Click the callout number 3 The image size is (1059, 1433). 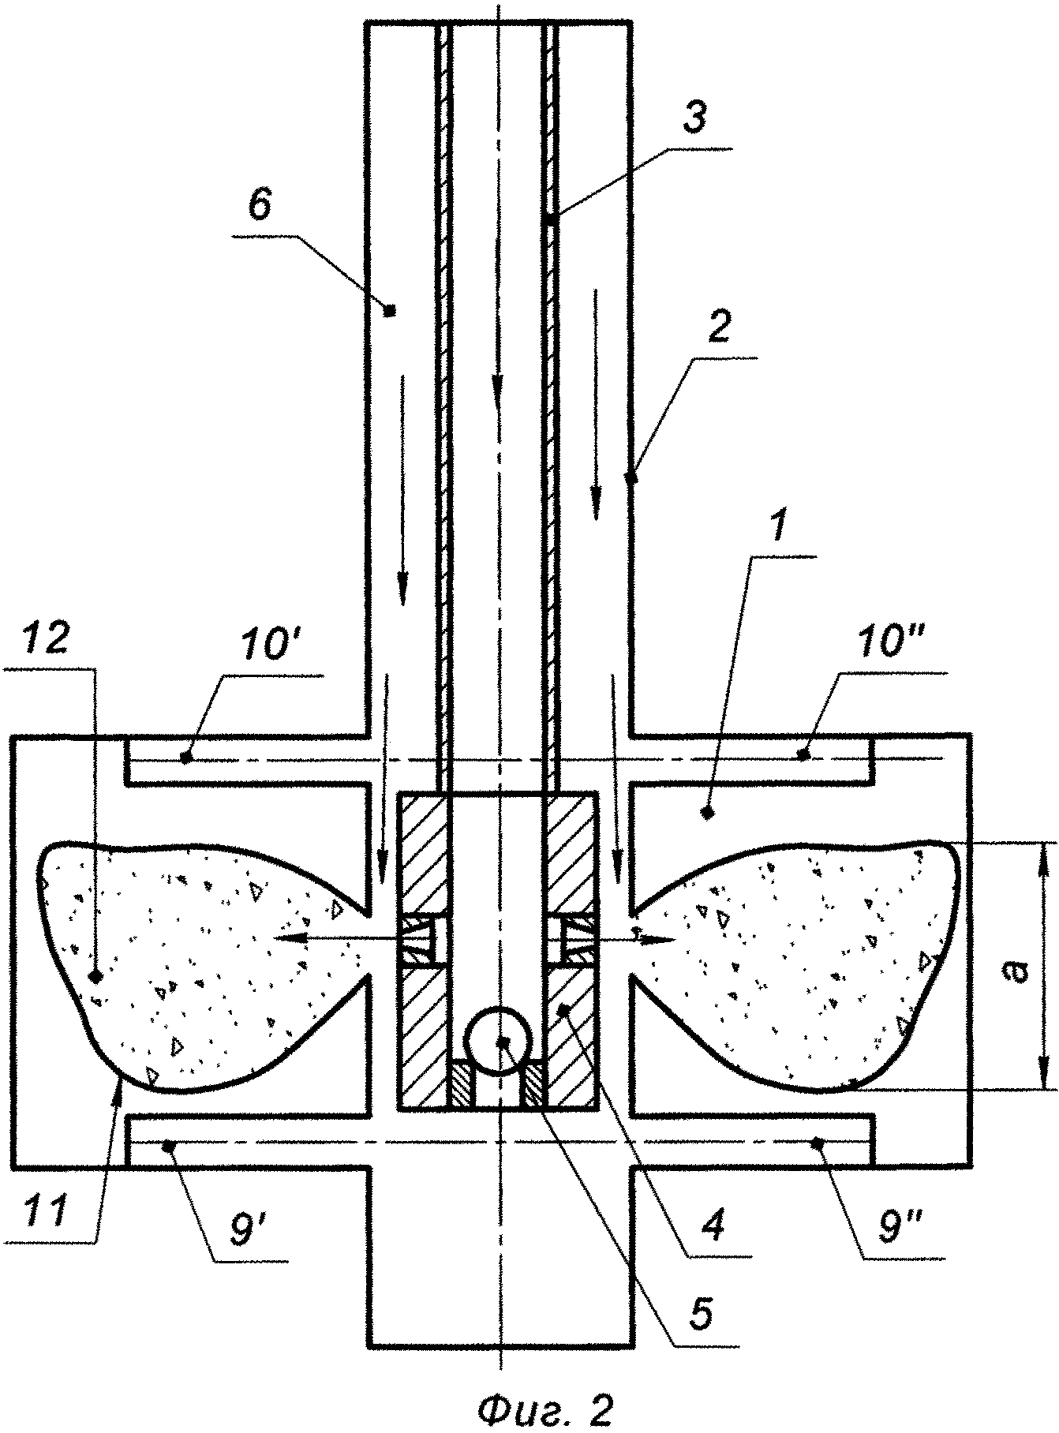click(x=694, y=120)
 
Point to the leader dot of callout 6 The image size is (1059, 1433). click(x=388, y=310)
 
